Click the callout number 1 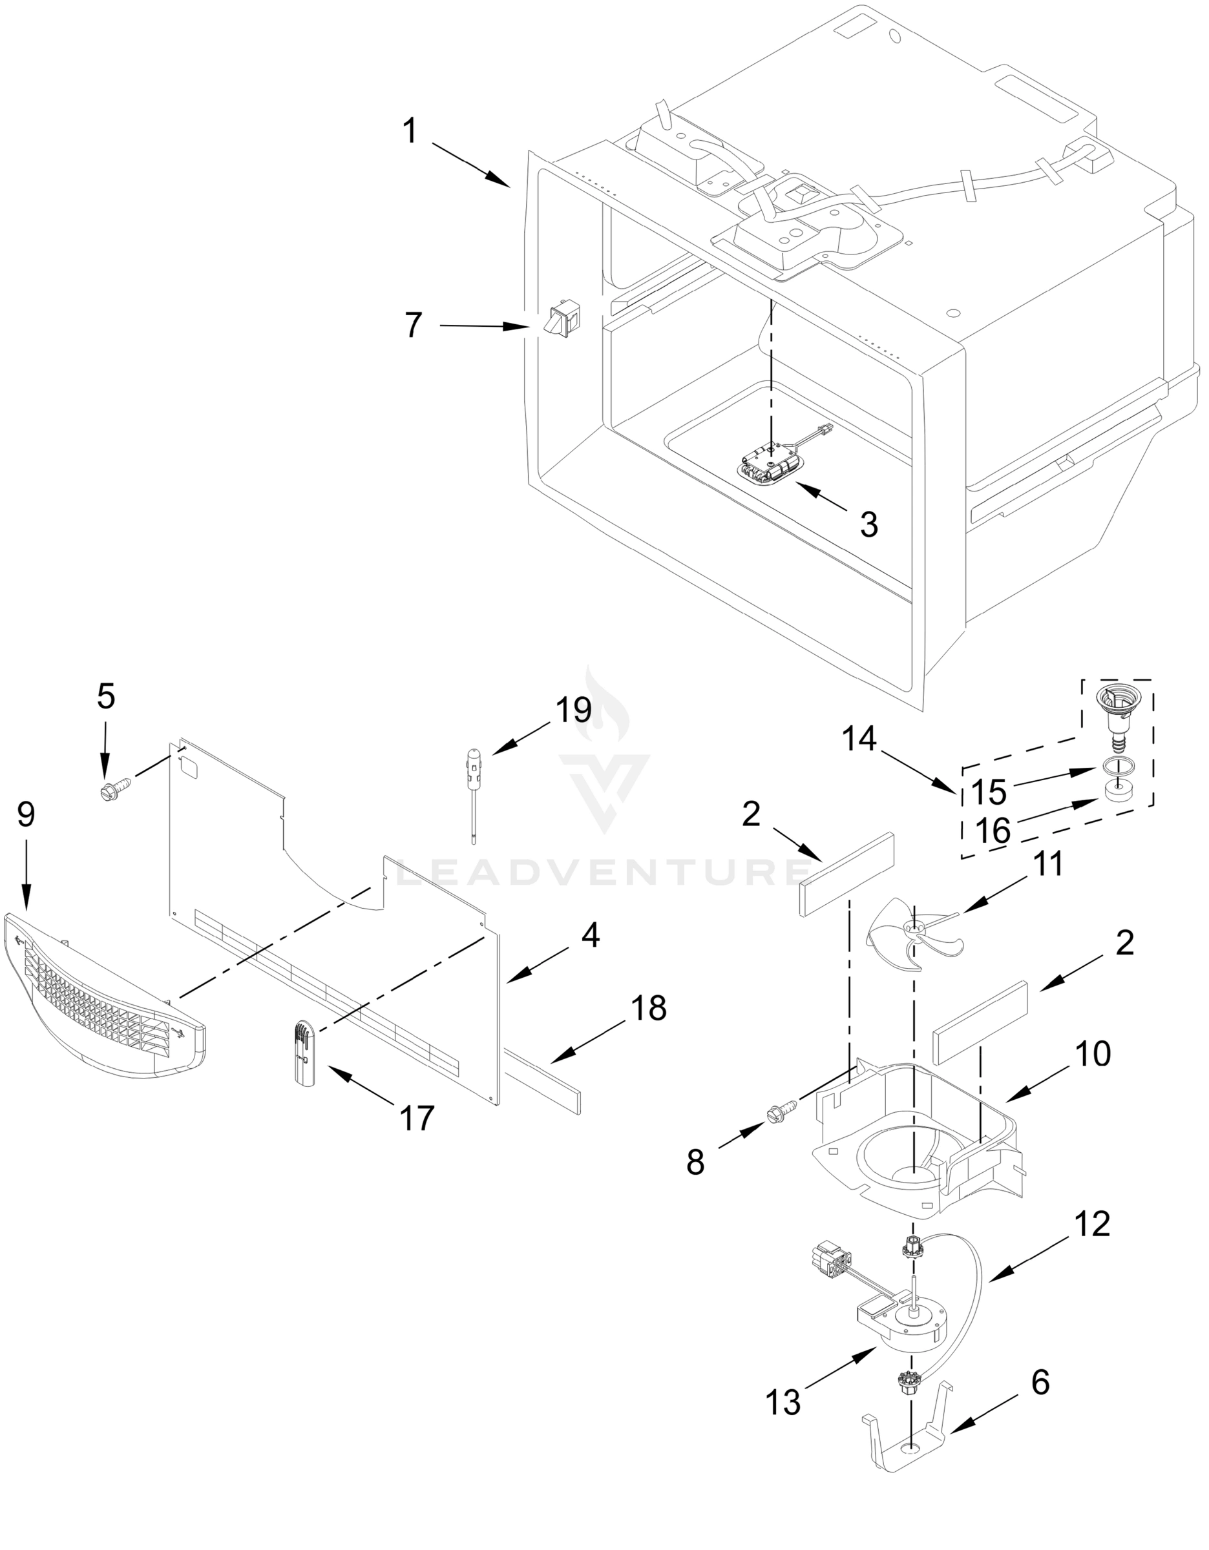410,132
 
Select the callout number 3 869,525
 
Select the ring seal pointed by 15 1118,766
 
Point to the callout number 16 992,831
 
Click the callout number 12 1092,1224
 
